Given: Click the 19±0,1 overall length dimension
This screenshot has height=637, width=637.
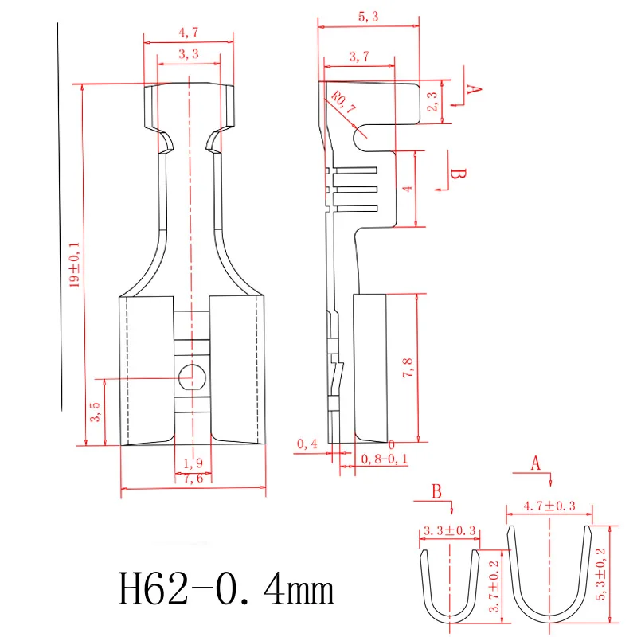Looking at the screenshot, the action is (x=74, y=265).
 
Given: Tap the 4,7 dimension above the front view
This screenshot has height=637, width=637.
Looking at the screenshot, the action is (x=189, y=33).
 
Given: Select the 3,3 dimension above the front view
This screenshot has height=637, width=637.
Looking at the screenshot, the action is (x=189, y=53).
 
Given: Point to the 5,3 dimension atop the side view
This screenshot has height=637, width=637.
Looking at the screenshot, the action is (x=368, y=17).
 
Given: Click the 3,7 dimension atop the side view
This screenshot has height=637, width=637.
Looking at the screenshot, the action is (x=359, y=56).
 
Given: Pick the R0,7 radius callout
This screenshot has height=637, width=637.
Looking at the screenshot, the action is (x=343, y=103).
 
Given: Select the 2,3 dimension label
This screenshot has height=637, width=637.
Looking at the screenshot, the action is (x=432, y=101).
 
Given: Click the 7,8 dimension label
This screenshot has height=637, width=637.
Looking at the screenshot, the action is (x=408, y=368).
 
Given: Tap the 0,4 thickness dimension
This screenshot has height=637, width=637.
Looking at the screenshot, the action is (x=307, y=444).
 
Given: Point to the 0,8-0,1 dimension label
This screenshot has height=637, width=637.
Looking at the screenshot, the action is (x=385, y=459).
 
